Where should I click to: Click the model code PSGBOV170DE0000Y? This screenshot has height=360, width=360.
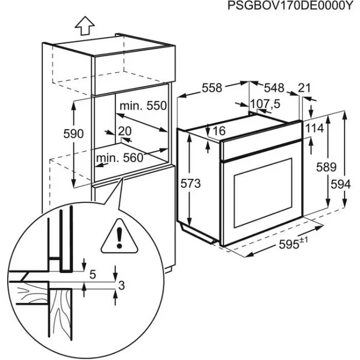click(290, 6)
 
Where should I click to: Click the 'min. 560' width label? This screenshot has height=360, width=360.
click(119, 158)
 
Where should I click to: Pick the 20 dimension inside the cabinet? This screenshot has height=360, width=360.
click(125, 131)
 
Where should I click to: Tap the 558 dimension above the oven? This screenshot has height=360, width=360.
click(212, 88)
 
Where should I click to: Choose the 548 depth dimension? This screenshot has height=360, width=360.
click(274, 88)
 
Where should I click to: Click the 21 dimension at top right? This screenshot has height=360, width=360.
click(304, 88)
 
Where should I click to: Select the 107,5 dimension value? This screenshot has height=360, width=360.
click(265, 104)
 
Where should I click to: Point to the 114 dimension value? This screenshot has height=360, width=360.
click(314, 128)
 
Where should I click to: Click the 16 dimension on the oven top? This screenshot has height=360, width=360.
click(219, 131)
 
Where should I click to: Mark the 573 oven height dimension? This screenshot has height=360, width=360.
click(190, 183)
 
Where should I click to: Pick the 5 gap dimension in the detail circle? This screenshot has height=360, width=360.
click(92, 274)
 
